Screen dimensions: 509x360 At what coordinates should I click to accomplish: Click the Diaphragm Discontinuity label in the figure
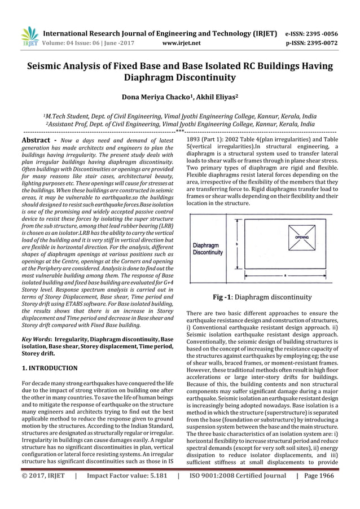click(x=208, y=249)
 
